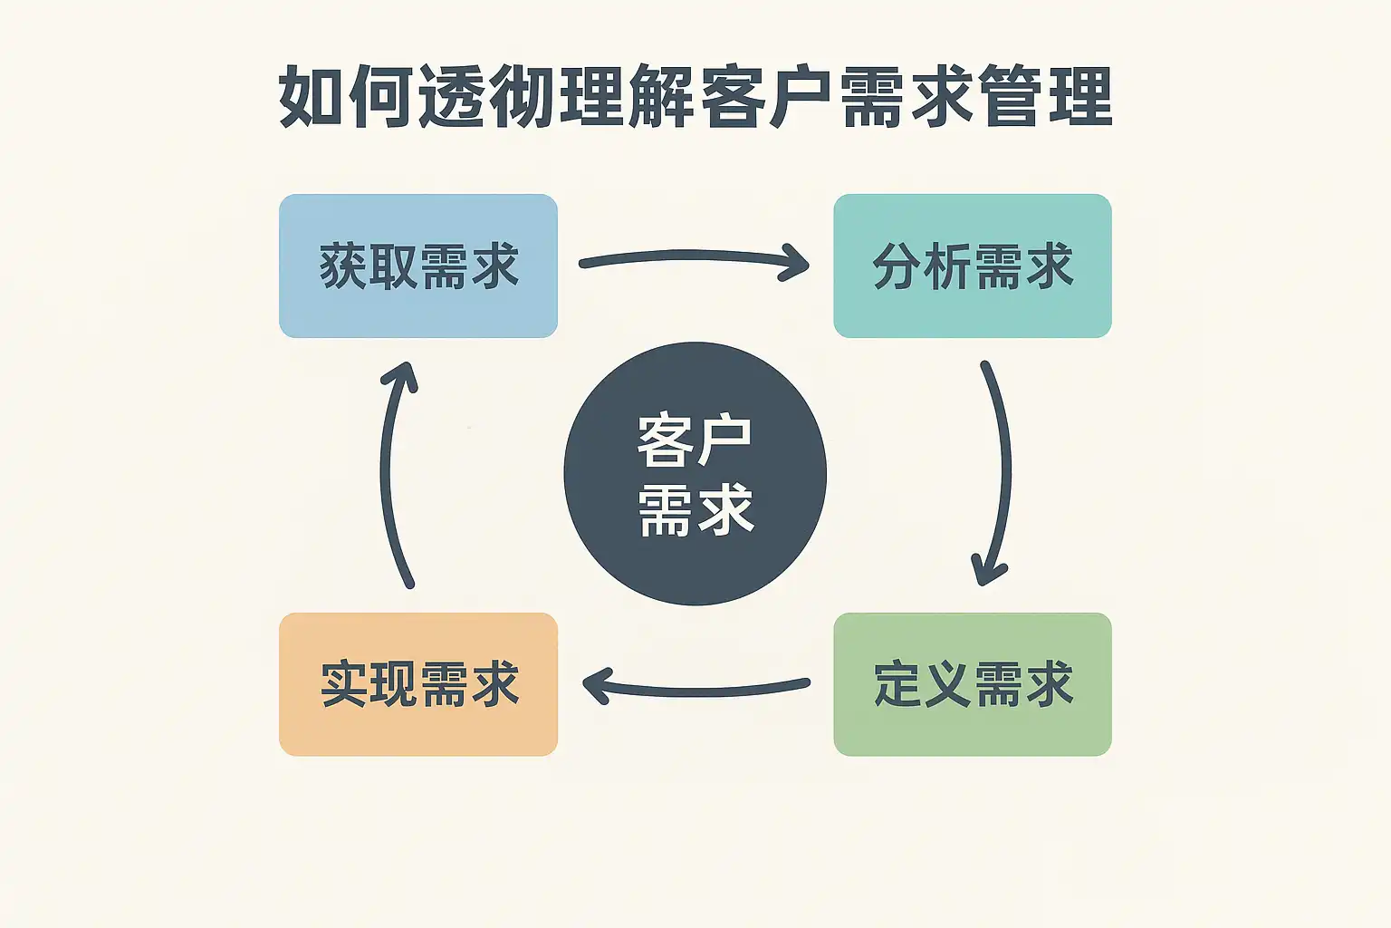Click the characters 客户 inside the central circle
click(x=695, y=441)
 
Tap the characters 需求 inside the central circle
click(x=695, y=509)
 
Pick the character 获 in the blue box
click(x=343, y=266)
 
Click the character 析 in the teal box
click(x=946, y=266)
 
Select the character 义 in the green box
click(x=946, y=684)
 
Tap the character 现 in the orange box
click(x=393, y=684)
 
